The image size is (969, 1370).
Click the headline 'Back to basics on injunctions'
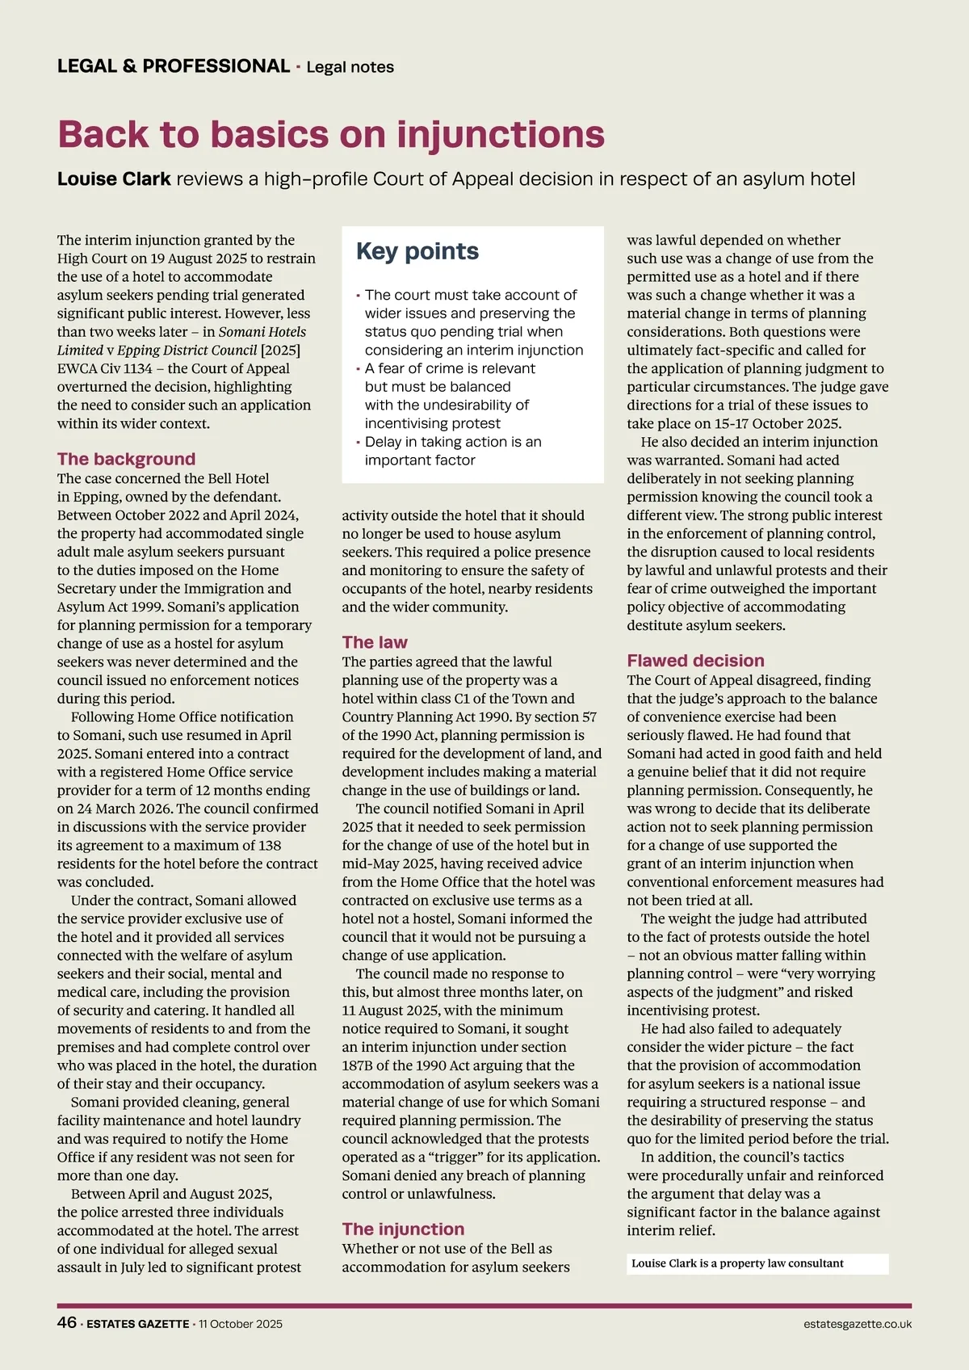(x=331, y=134)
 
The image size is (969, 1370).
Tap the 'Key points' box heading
(x=417, y=251)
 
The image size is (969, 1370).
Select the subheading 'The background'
(x=126, y=459)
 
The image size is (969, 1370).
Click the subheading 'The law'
(x=375, y=642)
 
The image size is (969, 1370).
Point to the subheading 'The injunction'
(x=403, y=1229)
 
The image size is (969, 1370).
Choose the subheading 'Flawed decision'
(x=695, y=660)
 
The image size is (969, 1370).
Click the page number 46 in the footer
(x=67, y=1322)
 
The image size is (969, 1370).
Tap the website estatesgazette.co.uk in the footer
(x=858, y=1324)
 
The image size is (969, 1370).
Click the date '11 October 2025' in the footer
(x=241, y=1324)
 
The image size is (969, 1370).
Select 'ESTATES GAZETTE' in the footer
(x=138, y=1324)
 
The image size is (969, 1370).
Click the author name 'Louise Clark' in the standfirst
(x=114, y=179)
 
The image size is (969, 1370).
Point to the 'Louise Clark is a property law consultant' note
(x=737, y=1263)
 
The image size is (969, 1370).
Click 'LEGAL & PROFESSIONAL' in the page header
(x=174, y=66)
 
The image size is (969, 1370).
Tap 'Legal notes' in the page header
(x=350, y=67)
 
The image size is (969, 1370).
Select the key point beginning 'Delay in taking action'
(x=452, y=451)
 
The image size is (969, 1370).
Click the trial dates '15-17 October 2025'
(x=768, y=423)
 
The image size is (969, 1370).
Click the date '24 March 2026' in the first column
(x=124, y=809)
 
